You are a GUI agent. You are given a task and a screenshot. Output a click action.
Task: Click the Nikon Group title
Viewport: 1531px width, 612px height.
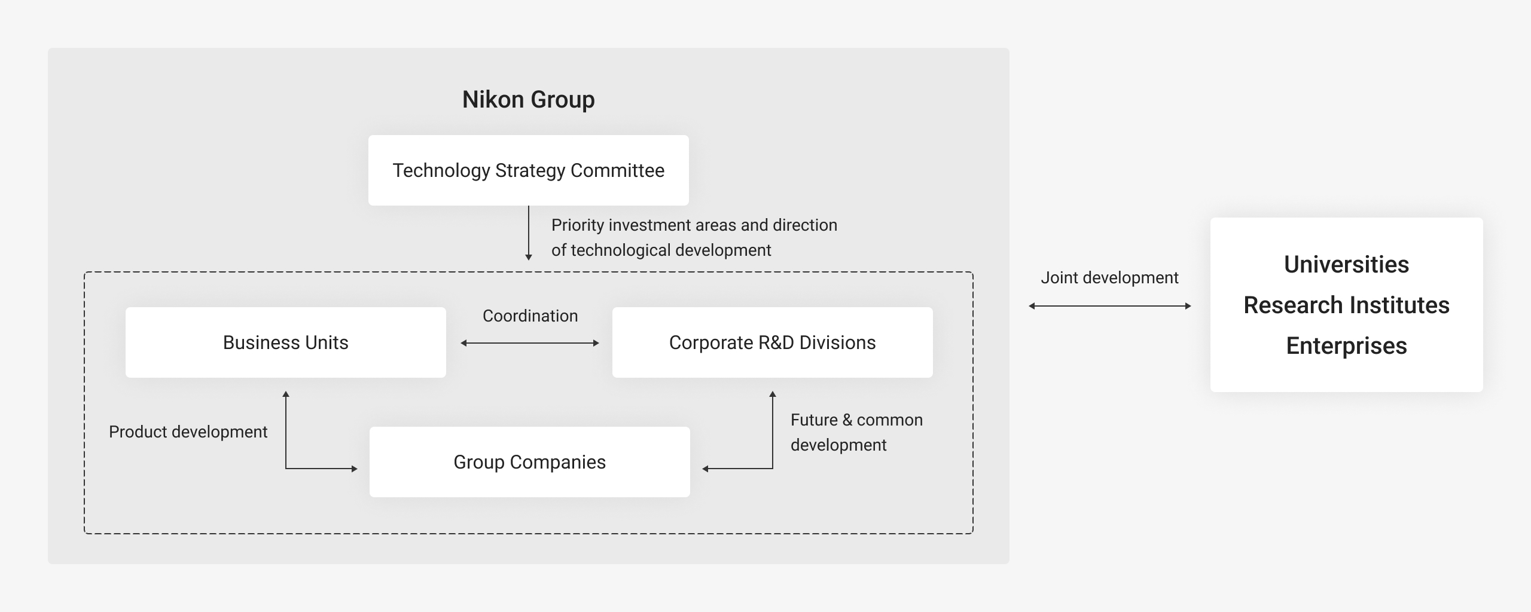tap(529, 99)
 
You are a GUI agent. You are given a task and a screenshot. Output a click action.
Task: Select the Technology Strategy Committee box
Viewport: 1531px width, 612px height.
tap(529, 170)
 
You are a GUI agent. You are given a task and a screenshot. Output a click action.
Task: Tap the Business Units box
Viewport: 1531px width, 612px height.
tap(286, 342)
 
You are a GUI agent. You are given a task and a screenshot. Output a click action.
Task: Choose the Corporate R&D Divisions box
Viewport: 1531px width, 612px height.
tap(773, 342)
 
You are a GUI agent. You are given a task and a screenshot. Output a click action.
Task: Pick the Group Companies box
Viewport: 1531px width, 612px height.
tap(530, 462)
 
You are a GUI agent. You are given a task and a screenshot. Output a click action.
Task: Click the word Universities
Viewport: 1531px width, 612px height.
tap(1346, 264)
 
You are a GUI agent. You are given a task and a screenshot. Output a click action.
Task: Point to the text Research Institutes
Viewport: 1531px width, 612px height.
tap(1346, 305)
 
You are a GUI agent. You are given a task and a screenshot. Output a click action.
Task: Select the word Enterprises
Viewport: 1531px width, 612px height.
tap(1346, 345)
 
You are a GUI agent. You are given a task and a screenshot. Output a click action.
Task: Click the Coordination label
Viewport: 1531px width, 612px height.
tap(530, 316)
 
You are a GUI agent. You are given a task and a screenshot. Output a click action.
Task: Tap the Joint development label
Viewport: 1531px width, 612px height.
tap(1109, 277)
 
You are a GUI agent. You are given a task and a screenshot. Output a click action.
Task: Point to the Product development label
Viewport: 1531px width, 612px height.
tap(188, 432)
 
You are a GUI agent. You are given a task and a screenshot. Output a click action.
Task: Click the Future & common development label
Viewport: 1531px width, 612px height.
tap(856, 432)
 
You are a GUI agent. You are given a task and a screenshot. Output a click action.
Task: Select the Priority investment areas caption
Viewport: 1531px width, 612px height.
tap(694, 237)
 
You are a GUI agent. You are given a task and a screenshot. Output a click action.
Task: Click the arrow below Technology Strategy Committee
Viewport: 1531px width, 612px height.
tap(529, 233)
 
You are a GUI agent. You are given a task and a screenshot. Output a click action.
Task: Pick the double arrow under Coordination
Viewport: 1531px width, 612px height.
tap(530, 343)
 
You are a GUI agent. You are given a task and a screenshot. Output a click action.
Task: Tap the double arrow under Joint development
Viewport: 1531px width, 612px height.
tap(1110, 306)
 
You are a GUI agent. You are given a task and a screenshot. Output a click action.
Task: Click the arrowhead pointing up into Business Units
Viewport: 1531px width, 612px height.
tap(286, 394)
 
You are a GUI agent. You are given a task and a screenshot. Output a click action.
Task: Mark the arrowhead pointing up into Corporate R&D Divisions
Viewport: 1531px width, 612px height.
tap(773, 394)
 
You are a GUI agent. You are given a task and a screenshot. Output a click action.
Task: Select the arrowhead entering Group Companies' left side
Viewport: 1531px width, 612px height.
tap(355, 469)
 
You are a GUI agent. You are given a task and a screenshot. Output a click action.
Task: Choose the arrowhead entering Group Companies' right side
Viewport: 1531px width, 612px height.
tap(705, 469)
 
